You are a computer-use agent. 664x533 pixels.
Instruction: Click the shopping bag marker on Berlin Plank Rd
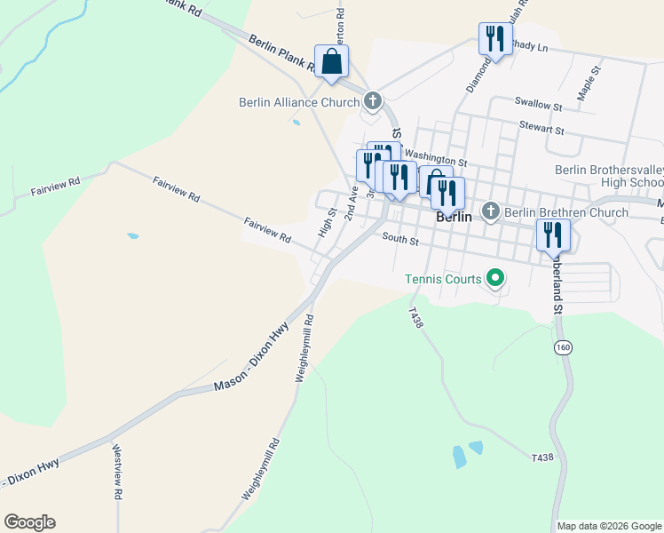coord(331,61)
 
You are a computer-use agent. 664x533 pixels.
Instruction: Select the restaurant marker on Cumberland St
coord(552,235)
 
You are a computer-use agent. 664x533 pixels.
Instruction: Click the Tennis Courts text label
coord(442,279)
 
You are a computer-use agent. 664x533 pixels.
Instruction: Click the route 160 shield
coord(561,347)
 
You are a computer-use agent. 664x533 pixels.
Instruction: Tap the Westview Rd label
coord(117,472)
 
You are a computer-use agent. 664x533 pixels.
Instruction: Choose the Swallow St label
coord(539,106)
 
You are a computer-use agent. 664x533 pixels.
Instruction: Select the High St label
coord(327,222)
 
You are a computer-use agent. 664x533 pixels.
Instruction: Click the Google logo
coord(29,522)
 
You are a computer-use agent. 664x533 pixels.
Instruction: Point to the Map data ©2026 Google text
coord(609,526)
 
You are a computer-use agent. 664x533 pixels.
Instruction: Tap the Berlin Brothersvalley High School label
coord(609,176)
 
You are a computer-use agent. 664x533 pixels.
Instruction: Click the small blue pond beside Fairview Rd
coord(132,236)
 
